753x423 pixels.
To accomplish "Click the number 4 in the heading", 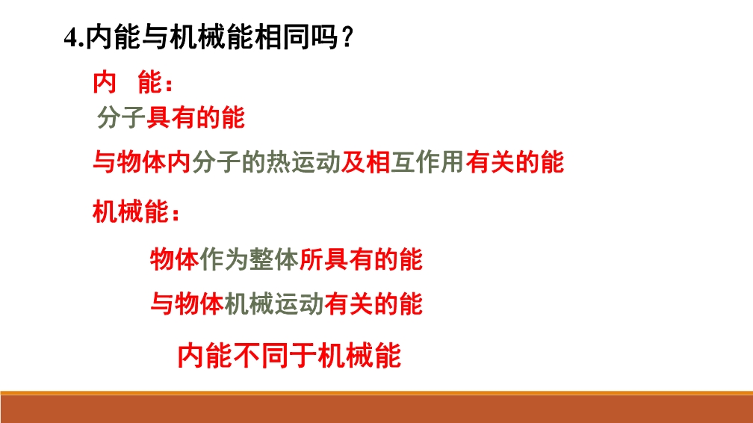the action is (71, 37).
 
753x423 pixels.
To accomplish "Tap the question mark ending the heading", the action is (348, 37).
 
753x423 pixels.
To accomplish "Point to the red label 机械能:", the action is (137, 211).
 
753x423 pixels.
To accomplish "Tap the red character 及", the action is (353, 162).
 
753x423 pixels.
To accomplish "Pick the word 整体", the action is (274, 259).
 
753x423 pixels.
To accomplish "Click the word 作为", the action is (224, 259).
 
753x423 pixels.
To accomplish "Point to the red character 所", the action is (312, 259).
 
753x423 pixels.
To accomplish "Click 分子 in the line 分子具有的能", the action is (122, 118).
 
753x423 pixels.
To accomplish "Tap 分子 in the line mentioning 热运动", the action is (216, 162).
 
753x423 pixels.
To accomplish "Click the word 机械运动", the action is (273, 303).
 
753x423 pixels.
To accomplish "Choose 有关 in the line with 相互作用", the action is (489, 162).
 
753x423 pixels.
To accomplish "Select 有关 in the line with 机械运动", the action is (348, 303).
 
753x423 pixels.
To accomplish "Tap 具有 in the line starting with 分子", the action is (170, 118).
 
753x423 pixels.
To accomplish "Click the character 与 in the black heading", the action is (155, 37).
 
